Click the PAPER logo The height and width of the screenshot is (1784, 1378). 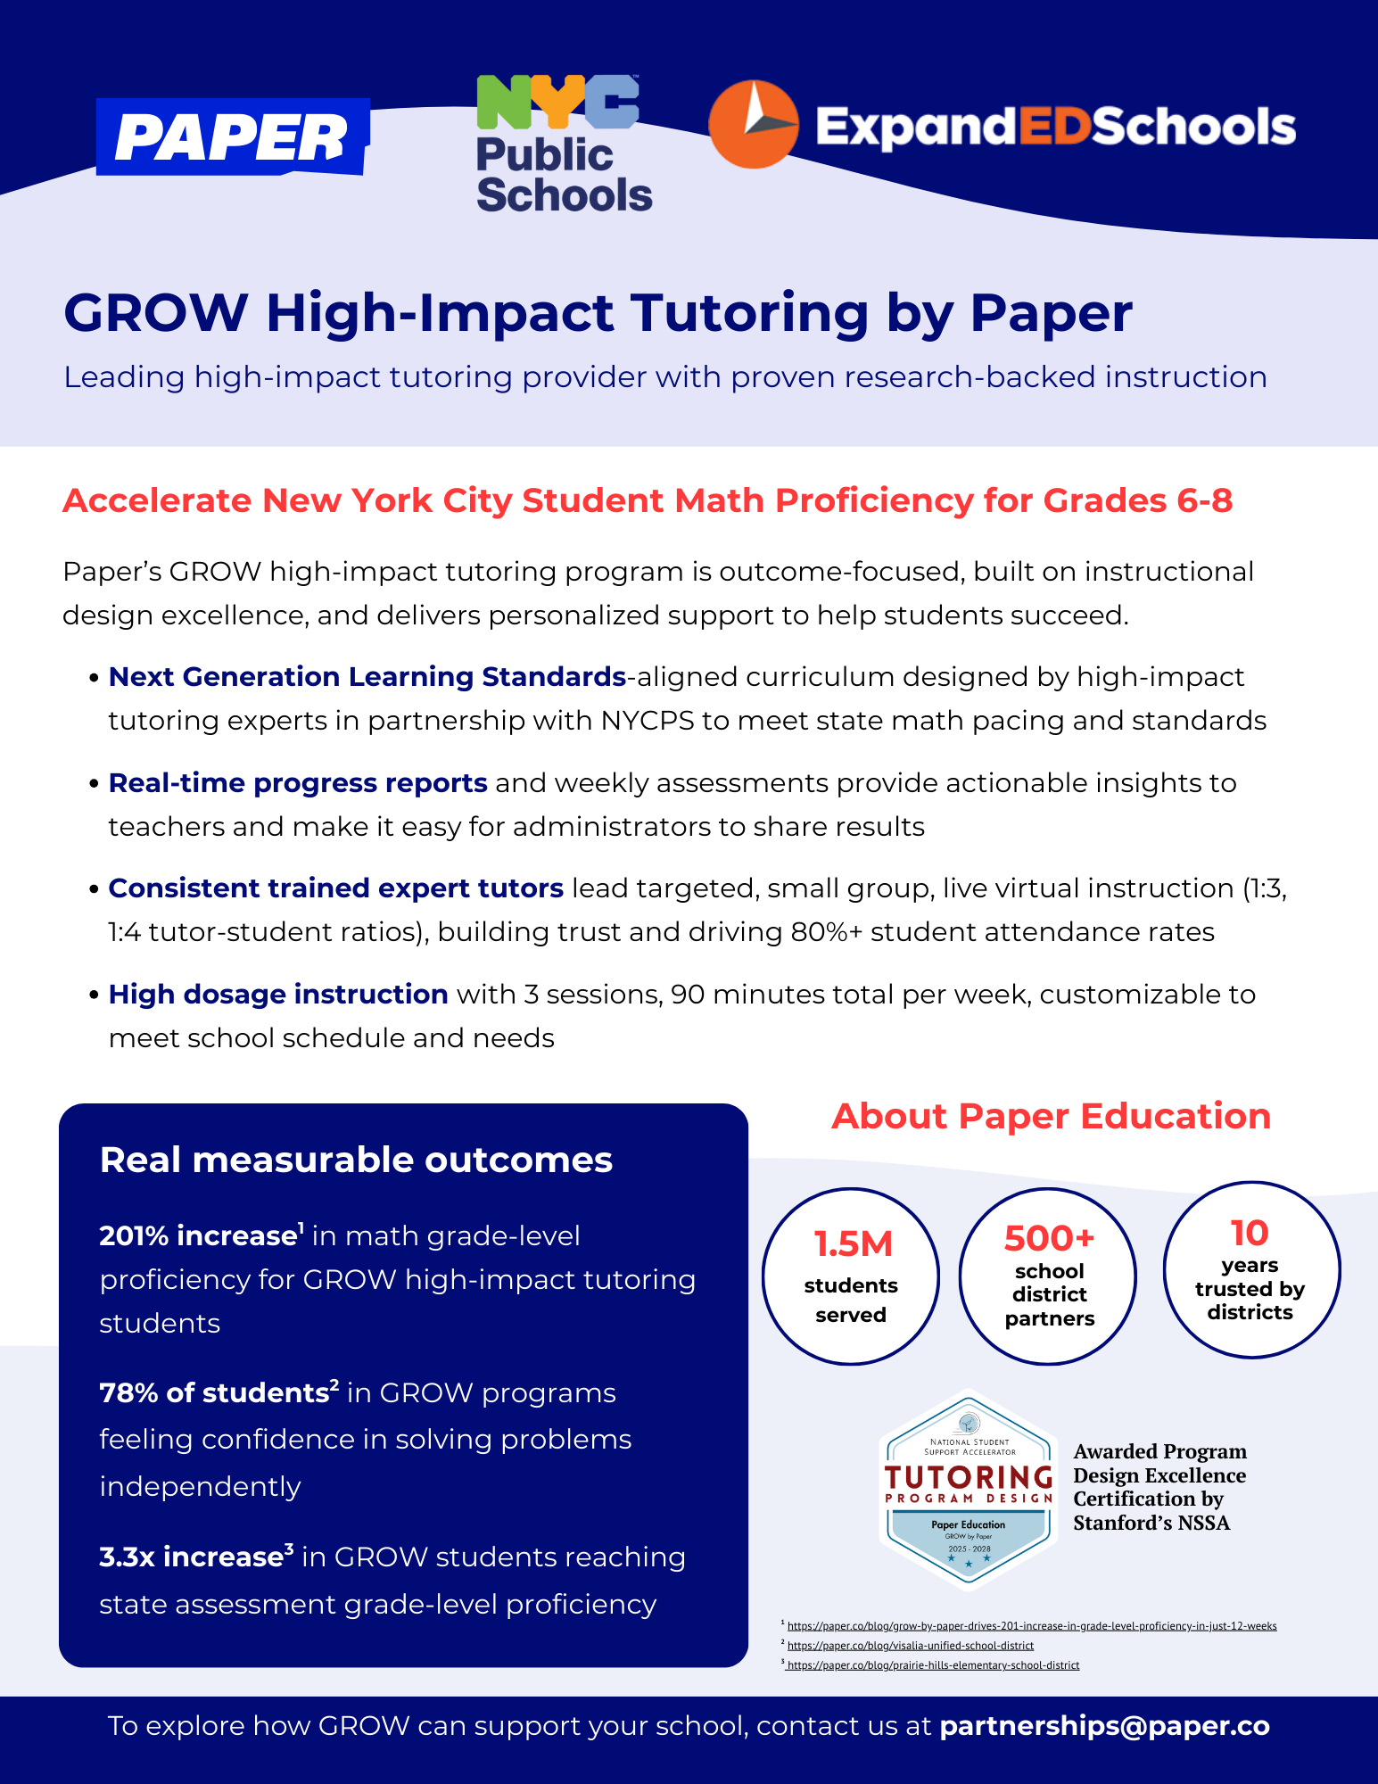click(x=232, y=137)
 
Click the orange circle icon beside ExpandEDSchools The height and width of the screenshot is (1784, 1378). click(x=753, y=125)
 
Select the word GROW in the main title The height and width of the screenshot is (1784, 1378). click(x=156, y=313)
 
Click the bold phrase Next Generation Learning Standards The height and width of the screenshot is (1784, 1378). click(x=367, y=677)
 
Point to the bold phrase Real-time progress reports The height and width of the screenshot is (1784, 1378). click(x=298, y=783)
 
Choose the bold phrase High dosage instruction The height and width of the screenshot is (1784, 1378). click(x=278, y=995)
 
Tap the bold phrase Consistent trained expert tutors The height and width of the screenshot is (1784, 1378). click(x=335, y=888)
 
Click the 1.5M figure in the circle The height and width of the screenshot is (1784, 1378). click(x=853, y=1244)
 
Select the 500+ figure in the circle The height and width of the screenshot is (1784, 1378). click(x=1049, y=1238)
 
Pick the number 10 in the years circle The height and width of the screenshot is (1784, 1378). click(x=1250, y=1233)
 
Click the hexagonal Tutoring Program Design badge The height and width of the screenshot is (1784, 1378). click(x=969, y=1491)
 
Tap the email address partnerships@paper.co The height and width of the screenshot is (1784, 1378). click(x=1104, y=1726)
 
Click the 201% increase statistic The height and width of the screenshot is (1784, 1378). click(x=198, y=1236)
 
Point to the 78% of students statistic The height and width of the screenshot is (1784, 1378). click(x=215, y=1393)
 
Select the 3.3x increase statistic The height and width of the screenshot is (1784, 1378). click(x=192, y=1557)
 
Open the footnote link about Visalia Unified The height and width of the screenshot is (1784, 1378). click(x=911, y=1646)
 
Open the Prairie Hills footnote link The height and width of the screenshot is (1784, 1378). click(x=933, y=1665)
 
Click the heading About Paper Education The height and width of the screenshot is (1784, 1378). click(x=1051, y=1117)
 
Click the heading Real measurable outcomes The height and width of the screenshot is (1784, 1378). click(x=356, y=1160)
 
